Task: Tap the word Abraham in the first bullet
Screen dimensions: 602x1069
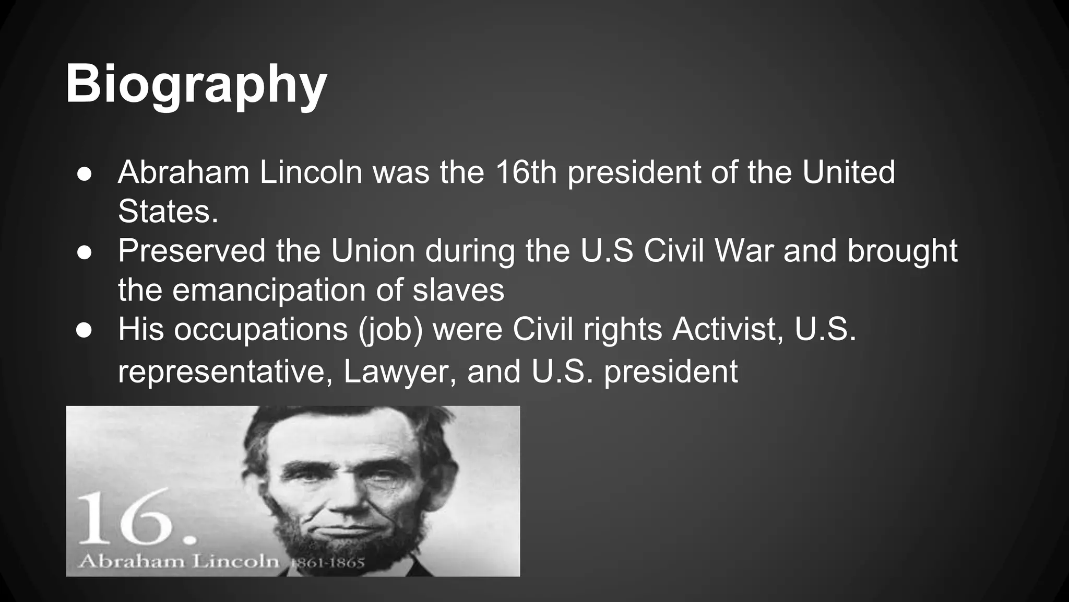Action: (x=184, y=172)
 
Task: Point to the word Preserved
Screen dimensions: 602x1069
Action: (x=192, y=250)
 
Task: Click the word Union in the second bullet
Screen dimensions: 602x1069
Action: (x=373, y=250)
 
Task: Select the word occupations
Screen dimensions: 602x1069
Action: (x=260, y=329)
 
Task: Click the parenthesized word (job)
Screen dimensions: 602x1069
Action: (x=390, y=330)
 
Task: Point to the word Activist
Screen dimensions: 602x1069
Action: (x=728, y=329)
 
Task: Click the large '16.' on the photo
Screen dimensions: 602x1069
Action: (x=137, y=517)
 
